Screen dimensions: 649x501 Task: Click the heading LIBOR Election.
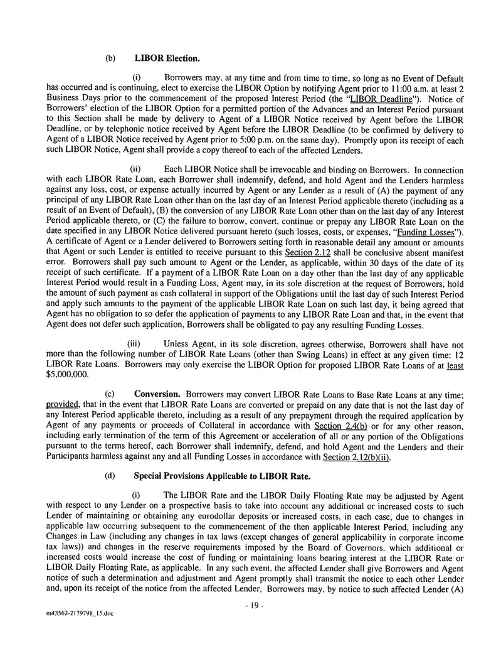click(x=167, y=59)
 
